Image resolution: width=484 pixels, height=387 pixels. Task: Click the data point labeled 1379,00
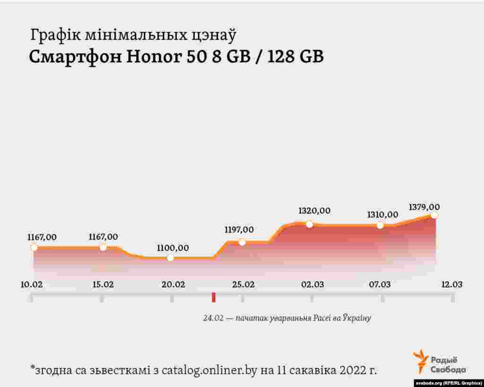pos(434,215)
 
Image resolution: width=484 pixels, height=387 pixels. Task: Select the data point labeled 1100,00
pos(170,258)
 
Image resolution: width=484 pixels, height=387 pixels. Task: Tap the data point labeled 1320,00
pos(309,224)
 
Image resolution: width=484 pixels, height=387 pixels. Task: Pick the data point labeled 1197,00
pos(242,242)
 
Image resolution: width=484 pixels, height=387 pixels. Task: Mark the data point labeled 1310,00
pos(380,225)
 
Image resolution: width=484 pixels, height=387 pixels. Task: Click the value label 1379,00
pos(424,207)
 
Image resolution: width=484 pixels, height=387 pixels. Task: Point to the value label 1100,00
pos(173,248)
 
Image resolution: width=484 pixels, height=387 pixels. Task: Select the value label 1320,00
pos(314,211)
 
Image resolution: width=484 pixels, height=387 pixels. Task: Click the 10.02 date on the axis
pos(32,284)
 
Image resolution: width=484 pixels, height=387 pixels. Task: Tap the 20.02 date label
pos(173,284)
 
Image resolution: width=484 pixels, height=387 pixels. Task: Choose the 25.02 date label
pos(243,284)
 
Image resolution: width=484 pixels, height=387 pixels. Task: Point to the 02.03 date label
pos(312,284)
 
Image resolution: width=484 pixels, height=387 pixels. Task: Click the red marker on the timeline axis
pos(214,297)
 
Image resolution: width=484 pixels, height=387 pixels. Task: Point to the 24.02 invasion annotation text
pos(287,318)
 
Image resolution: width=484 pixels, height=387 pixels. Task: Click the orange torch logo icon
pos(420,361)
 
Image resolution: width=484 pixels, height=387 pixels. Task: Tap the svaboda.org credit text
pos(448,383)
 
